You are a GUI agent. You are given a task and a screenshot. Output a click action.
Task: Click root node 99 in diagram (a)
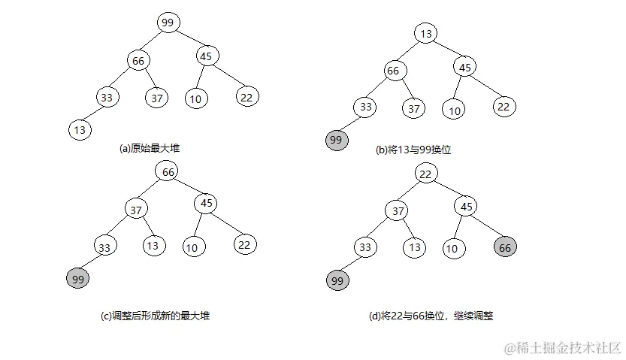tap(168, 23)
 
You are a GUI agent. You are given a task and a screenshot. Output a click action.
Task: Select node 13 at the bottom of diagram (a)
tap(80, 129)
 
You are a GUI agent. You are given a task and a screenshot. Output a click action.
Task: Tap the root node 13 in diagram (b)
tap(425, 33)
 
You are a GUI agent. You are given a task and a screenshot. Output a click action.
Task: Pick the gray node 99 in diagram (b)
tap(336, 141)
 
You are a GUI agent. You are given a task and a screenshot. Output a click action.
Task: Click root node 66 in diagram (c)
tap(168, 171)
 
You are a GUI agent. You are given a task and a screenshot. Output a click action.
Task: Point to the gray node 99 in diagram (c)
tap(77, 279)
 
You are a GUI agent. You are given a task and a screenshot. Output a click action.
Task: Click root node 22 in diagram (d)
tap(426, 174)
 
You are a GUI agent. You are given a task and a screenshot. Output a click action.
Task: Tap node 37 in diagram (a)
tap(157, 97)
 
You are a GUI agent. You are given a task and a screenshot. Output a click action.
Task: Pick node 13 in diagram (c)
tap(153, 246)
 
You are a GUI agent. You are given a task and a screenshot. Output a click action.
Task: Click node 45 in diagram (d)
tap(465, 206)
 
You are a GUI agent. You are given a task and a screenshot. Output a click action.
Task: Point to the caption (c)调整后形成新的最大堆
tap(155, 316)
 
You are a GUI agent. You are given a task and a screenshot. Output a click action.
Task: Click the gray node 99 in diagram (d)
tap(337, 281)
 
